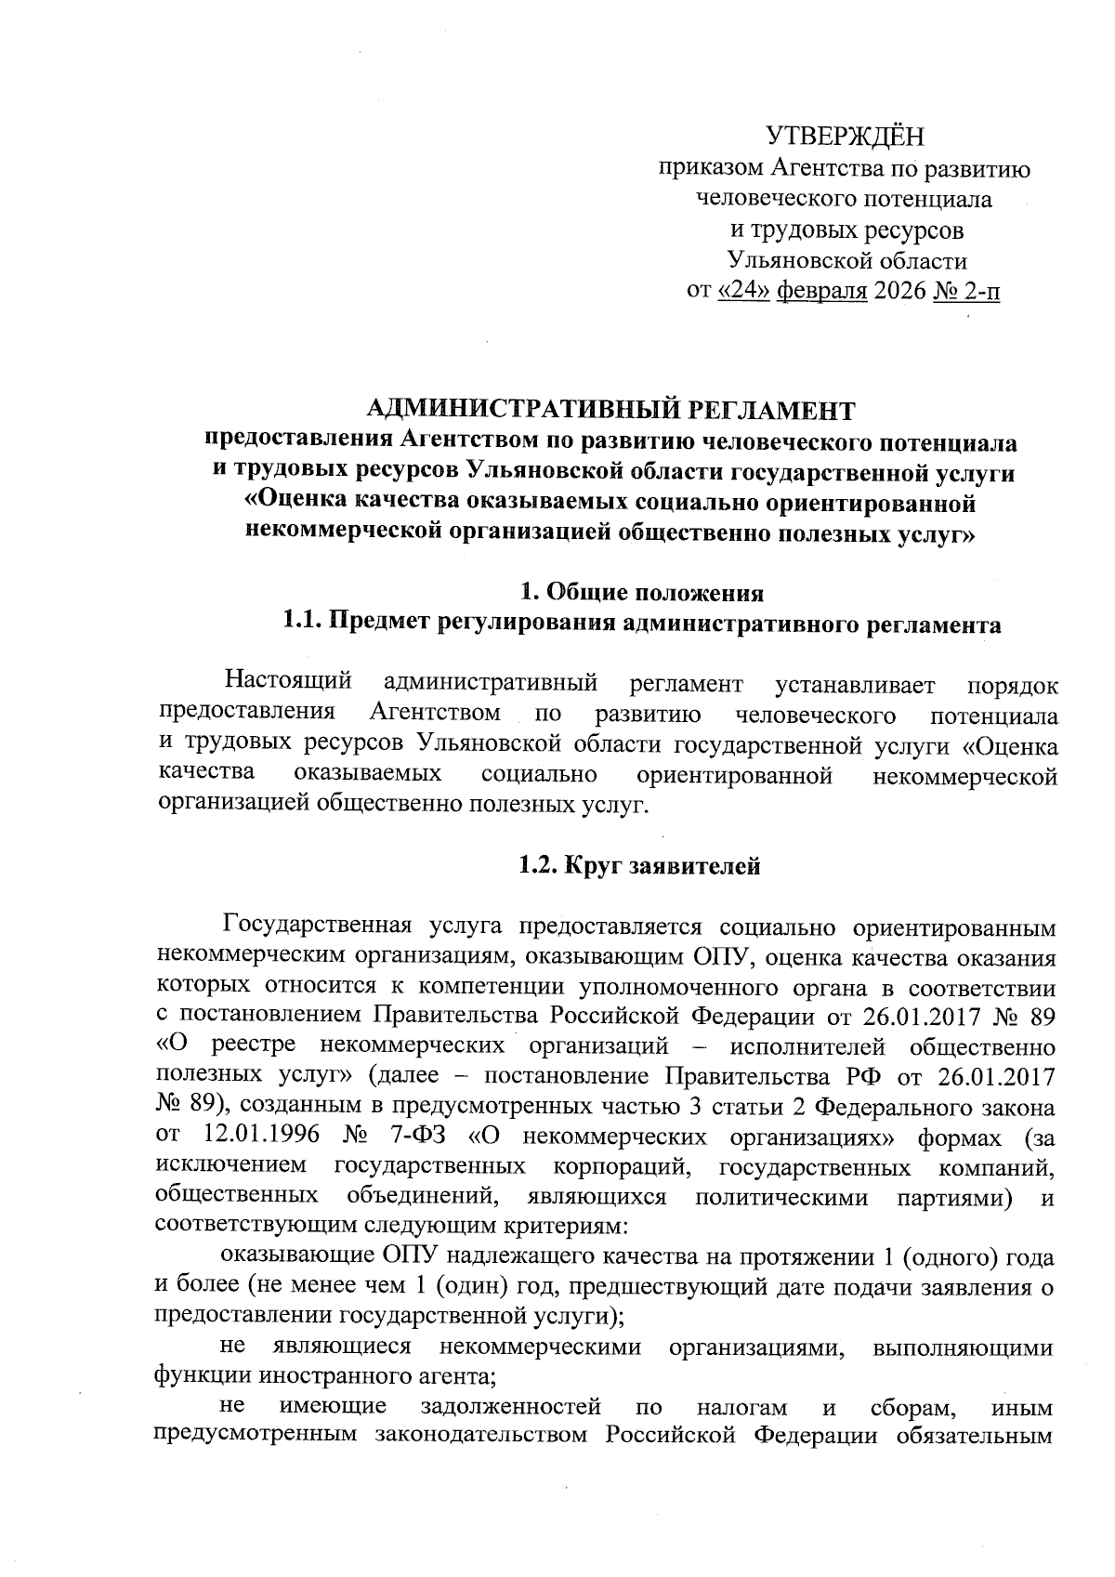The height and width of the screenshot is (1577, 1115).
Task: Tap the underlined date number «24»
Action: point(743,292)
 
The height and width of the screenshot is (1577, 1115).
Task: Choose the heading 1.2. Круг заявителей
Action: point(639,866)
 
